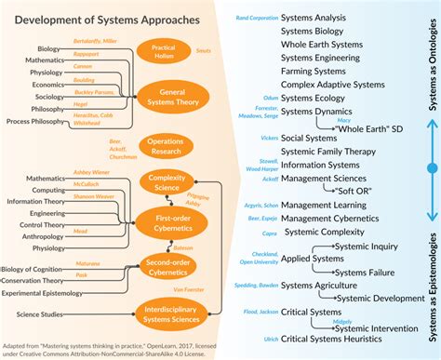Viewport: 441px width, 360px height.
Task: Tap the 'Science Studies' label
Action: pyautogui.click(x=41, y=314)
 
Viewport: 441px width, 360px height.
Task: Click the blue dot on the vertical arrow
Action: pyautogui.click(x=431, y=167)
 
